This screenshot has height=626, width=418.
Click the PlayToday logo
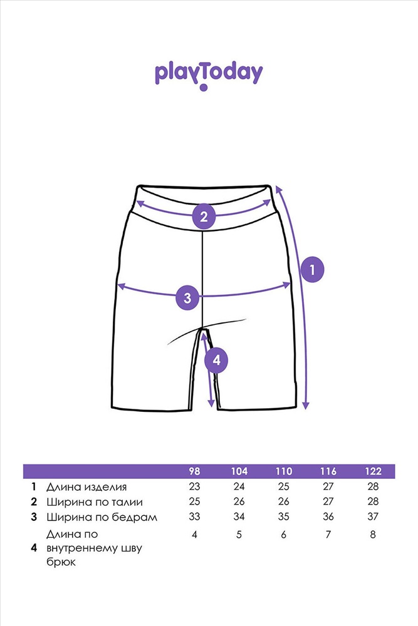209,75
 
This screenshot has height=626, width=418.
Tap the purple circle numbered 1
312,269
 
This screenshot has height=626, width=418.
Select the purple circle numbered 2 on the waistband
204,217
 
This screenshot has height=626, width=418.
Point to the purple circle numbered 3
188,298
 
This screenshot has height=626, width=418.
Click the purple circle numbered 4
216,361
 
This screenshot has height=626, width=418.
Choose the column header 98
194,471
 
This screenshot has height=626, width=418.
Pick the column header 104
239,471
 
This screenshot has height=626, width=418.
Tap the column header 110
283,471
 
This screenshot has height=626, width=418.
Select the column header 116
328,471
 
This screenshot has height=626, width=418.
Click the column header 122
373,471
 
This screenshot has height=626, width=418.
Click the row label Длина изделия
86,487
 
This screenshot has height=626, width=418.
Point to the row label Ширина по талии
94,502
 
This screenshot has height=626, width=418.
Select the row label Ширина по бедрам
102,517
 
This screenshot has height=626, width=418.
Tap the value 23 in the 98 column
194,486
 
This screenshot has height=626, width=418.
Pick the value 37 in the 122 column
373,516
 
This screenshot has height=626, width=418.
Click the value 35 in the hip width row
283,516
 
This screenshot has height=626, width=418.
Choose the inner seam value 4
194,534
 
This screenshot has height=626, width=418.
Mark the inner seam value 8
373,534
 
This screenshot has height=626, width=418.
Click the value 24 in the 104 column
239,486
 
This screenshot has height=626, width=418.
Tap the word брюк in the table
61,562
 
